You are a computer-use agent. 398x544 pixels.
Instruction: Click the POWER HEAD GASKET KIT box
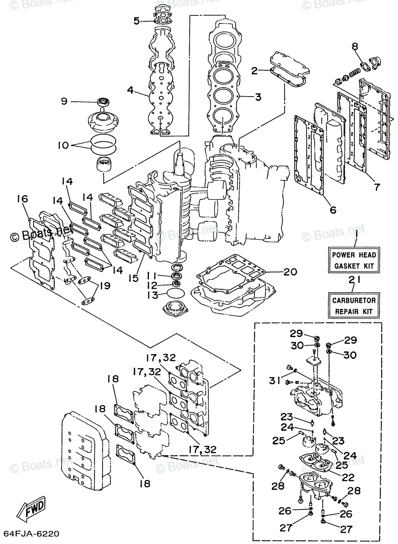tap(354, 260)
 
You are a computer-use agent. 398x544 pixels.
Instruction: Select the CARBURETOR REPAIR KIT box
tap(354, 306)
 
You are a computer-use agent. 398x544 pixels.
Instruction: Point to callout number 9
tap(64, 101)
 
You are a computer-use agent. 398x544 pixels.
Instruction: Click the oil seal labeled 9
tap(103, 102)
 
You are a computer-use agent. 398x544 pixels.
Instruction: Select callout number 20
tap(290, 272)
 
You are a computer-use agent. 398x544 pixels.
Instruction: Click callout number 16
tap(22, 199)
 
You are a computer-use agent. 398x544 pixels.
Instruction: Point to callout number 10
tap(63, 145)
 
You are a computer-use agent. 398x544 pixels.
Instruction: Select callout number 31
tap(275, 380)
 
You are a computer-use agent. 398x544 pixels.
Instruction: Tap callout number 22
tap(348, 477)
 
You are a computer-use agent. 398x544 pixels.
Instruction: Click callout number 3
tap(258, 97)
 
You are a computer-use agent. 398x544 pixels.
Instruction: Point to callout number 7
tap(377, 187)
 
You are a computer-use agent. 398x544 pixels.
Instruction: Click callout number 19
tap(105, 286)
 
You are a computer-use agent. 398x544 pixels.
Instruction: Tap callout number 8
tap(355, 46)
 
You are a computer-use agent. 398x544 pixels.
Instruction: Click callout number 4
tap(130, 90)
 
